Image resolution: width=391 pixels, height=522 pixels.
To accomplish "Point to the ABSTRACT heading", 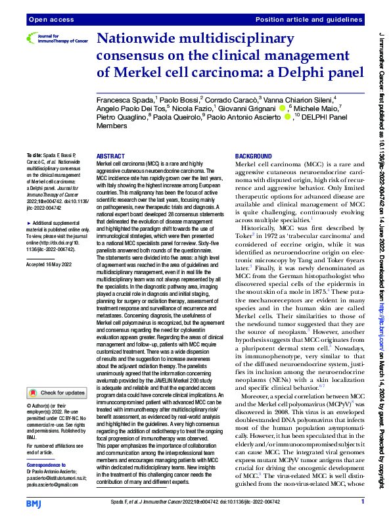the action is [110, 156].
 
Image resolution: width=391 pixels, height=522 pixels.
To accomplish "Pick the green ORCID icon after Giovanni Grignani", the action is [282, 108].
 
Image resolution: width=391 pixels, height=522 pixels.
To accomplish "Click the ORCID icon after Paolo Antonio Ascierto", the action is [287, 117].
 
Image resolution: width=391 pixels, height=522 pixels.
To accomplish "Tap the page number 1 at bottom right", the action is [363, 502].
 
